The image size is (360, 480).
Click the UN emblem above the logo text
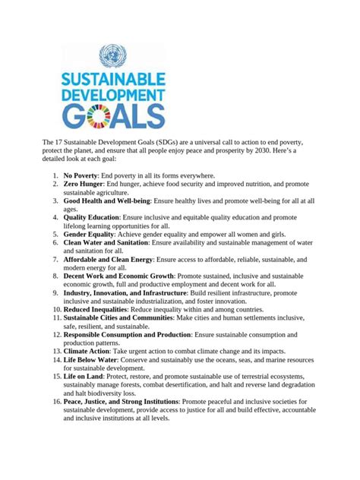(x=113, y=55)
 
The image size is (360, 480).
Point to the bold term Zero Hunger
(x=83, y=185)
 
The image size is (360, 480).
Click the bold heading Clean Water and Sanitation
(x=106, y=243)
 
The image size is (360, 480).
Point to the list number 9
(x=56, y=292)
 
